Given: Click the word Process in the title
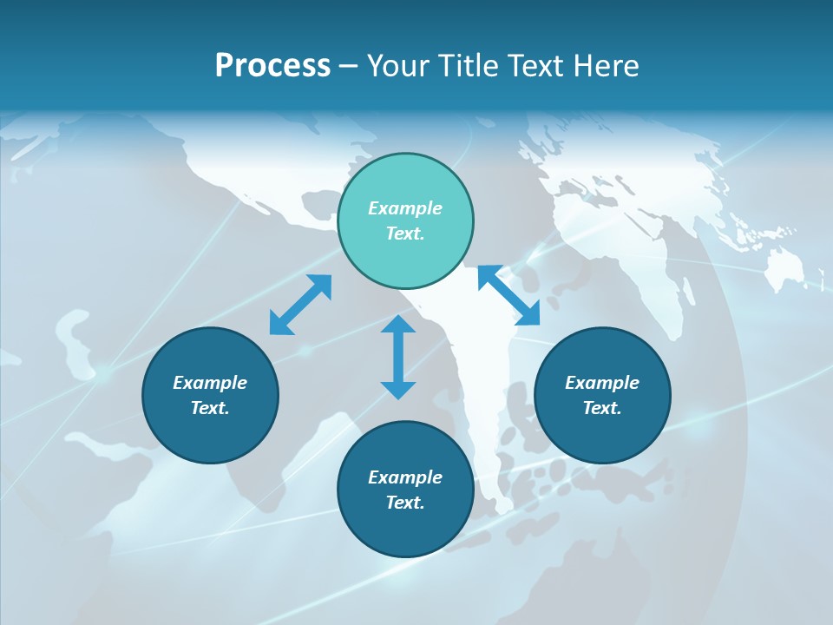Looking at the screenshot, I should [x=272, y=66].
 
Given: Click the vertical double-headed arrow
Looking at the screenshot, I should [x=398, y=357].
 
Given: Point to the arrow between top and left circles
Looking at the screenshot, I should [x=300, y=305].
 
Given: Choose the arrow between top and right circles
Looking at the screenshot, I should [x=508, y=295].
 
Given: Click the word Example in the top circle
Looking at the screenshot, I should [x=405, y=208].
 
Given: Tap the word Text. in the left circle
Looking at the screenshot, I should [x=210, y=408].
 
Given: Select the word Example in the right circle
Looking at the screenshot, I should [x=602, y=383].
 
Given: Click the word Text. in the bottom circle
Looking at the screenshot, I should [x=405, y=503].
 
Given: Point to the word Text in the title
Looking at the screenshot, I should [x=537, y=66].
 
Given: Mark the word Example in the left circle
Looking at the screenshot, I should [x=210, y=383].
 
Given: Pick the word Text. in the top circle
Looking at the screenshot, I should [x=405, y=234].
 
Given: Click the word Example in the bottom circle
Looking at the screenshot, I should [x=405, y=477].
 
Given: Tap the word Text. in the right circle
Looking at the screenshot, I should [x=602, y=408].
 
